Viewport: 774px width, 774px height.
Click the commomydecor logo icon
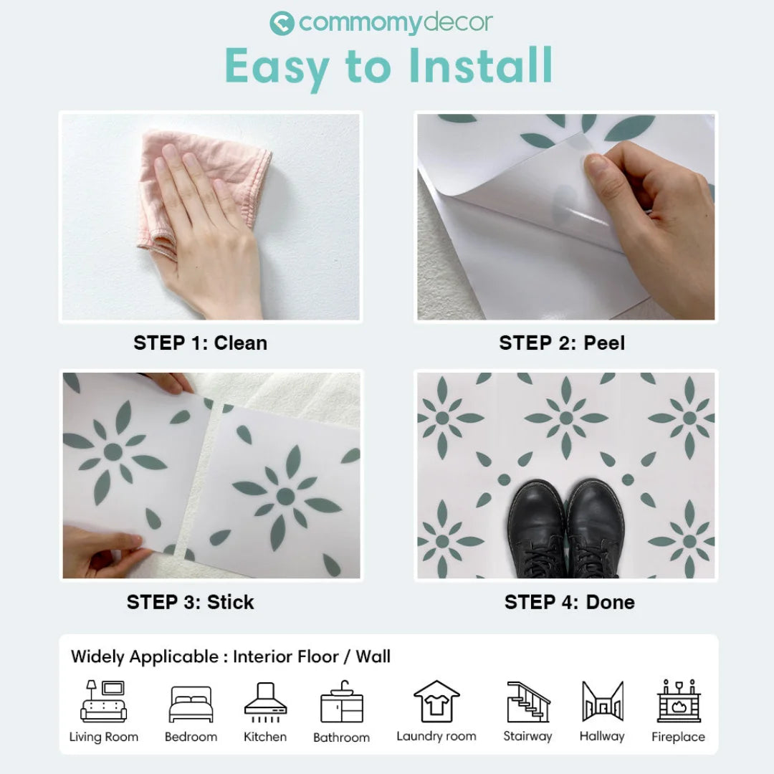pyautogui.click(x=282, y=24)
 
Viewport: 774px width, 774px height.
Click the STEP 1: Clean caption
pyautogui.click(x=200, y=343)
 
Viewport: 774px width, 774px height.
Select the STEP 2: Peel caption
pyautogui.click(x=562, y=343)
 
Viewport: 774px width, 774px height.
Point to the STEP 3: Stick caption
pyautogui.click(x=190, y=602)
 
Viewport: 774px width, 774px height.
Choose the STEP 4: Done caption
pyautogui.click(x=569, y=602)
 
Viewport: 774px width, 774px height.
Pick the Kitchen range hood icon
pyautogui.click(x=265, y=702)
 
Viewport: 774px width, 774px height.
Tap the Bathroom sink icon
pyautogui.click(x=341, y=704)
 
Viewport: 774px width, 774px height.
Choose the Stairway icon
pyautogui.click(x=527, y=702)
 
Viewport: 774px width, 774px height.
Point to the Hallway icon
pyautogui.click(x=602, y=702)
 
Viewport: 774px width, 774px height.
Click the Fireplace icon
pyautogui.click(x=678, y=702)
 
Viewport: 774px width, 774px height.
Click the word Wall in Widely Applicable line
pyautogui.click(x=373, y=656)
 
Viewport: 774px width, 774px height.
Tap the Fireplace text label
pyautogui.click(x=678, y=737)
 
